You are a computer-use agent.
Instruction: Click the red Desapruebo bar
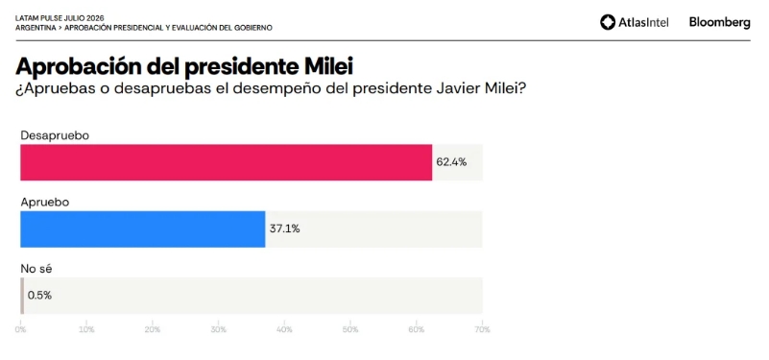tap(226, 162)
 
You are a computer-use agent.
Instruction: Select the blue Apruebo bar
tap(143, 229)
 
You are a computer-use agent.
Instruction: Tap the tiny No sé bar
tap(22, 296)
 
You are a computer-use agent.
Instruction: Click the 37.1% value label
tap(284, 228)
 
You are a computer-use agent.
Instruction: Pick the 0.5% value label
tap(39, 296)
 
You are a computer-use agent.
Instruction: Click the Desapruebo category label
tap(55, 135)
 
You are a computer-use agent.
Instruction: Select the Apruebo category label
tap(44, 202)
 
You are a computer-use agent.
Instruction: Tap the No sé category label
tap(36, 268)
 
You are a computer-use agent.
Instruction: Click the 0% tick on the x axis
tap(20, 329)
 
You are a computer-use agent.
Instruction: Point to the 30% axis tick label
tap(219, 329)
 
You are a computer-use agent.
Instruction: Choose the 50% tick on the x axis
tap(350, 329)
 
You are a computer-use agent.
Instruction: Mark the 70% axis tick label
tap(483, 329)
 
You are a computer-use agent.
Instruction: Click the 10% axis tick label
tap(86, 329)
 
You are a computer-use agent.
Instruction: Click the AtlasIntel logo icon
tap(608, 22)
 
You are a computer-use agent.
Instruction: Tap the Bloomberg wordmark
tap(719, 22)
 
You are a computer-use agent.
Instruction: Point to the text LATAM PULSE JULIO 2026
tap(60, 18)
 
